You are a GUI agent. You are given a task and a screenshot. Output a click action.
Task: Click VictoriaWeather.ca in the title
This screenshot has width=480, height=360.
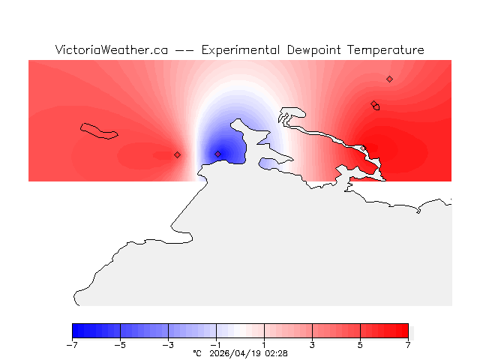(x=111, y=50)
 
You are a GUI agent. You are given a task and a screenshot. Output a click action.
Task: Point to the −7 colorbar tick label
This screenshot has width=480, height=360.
(x=72, y=345)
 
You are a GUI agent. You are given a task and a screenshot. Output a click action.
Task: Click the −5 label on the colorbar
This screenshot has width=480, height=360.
(x=120, y=345)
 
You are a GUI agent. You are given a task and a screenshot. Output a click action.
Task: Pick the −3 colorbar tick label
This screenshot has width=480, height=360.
(x=168, y=345)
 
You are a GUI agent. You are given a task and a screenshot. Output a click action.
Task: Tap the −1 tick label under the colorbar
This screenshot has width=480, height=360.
(x=216, y=345)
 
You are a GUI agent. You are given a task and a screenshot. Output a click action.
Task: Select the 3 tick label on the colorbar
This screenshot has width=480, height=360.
(x=312, y=345)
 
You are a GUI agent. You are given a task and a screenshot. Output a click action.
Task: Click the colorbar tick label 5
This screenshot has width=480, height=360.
(x=360, y=345)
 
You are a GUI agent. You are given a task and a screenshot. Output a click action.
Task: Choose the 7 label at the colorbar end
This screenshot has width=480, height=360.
(x=408, y=345)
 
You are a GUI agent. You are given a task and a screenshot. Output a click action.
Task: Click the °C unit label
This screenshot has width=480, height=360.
(x=197, y=353)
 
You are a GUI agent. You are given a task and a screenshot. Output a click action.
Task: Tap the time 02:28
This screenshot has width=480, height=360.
(x=277, y=353)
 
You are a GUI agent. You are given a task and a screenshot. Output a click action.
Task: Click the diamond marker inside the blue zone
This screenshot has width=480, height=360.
(x=218, y=154)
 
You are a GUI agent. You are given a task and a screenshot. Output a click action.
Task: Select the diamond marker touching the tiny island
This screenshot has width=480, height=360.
(x=373, y=104)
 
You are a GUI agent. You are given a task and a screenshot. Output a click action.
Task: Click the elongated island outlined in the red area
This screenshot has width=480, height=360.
(x=99, y=131)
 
